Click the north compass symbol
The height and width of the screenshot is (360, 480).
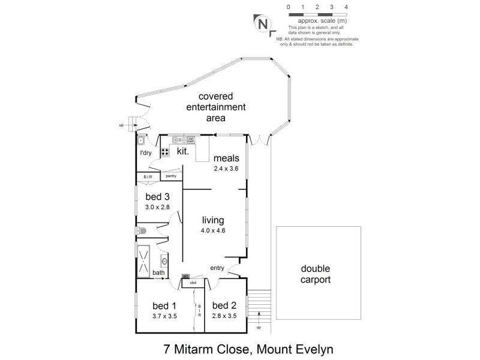pos(263,25)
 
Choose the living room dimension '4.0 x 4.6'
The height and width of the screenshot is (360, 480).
pos(213,230)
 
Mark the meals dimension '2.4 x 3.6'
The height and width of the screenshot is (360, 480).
pos(226,169)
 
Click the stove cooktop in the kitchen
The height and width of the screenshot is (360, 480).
pos(164,152)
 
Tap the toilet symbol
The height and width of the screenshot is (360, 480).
pos(142,230)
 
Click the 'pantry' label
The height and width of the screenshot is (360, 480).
pos(170,176)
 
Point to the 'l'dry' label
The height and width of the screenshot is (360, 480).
pos(145,154)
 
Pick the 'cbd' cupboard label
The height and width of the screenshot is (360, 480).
pos(193,282)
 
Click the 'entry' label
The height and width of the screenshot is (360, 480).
pos(217,268)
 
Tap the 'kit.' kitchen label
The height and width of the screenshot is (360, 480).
pos(183,152)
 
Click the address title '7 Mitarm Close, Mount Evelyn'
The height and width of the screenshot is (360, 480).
pos(240,348)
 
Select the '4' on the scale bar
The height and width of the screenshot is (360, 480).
pos(347,7)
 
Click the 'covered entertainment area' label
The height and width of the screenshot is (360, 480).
pos(208,107)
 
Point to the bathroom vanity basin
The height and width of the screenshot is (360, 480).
pos(164,261)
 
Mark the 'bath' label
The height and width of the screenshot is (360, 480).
pos(158,273)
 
